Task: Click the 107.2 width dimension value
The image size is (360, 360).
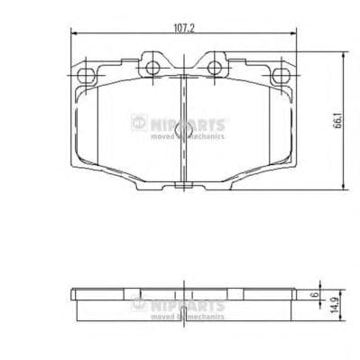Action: click(184, 29)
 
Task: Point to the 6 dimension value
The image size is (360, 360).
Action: click(315, 296)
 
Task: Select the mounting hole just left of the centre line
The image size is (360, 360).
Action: click(152, 66)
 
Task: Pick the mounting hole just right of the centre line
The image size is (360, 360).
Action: click(215, 66)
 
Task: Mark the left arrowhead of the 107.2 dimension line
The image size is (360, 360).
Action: click(73, 35)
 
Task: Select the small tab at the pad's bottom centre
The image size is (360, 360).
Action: click(184, 187)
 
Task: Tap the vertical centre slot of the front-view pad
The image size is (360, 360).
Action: click(184, 126)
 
